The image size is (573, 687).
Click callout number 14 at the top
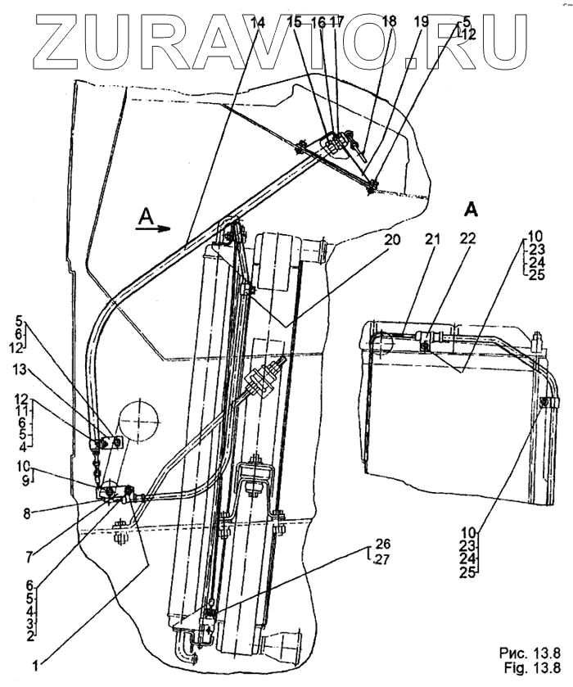click(x=259, y=25)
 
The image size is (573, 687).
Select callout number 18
click(x=388, y=23)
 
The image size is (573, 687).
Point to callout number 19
click(x=421, y=23)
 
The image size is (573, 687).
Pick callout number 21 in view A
click(x=431, y=239)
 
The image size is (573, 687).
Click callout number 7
click(x=30, y=557)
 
